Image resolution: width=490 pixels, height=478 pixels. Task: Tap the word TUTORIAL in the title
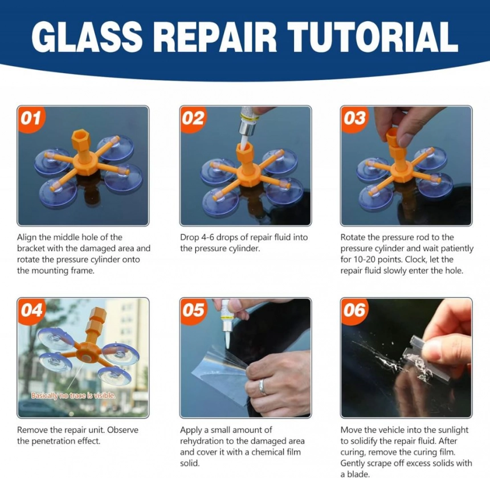(x=372, y=37)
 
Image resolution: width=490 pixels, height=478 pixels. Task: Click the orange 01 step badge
(x=31, y=119)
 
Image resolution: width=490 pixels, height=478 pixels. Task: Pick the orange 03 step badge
(x=355, y=119)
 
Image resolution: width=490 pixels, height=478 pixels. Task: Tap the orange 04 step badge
(x=31, y=311)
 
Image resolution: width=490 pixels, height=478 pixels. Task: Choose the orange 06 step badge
(x=355, y=311)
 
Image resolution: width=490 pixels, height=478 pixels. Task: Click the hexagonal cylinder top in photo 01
(x=81, y=137)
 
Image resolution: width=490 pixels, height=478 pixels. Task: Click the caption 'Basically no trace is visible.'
(x=73, y=396)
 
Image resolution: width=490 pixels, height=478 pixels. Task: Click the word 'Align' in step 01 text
(x=27, y=237)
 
